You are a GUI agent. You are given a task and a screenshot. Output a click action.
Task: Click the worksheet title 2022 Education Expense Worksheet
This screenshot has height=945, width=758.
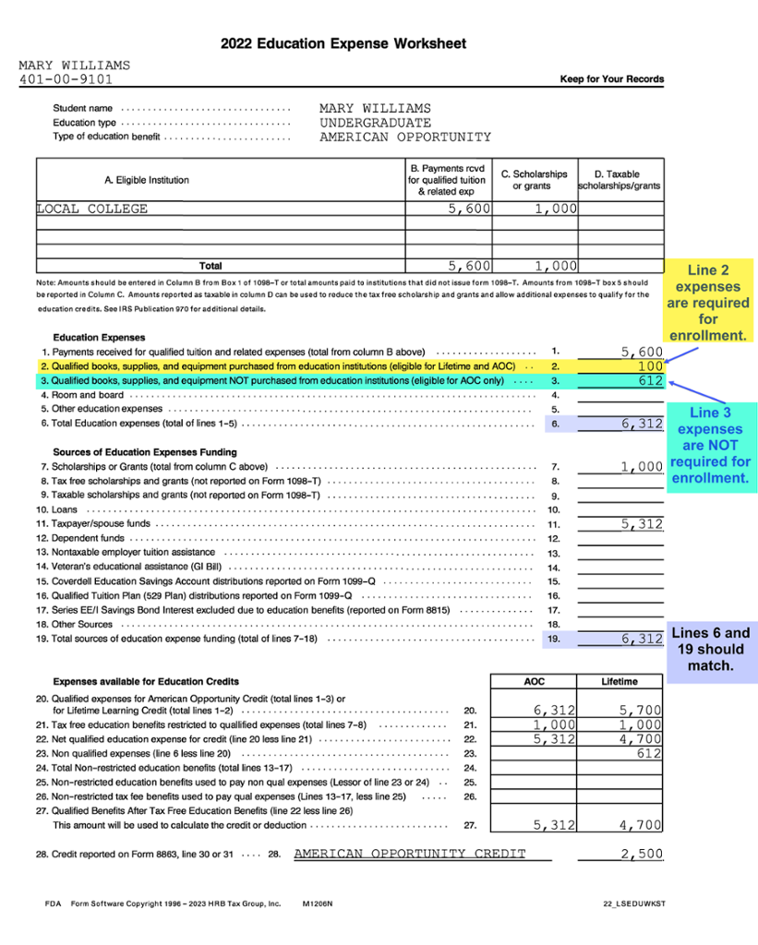tap(343, 43)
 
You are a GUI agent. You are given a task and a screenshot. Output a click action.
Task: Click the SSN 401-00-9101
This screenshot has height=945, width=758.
tap(66, 79)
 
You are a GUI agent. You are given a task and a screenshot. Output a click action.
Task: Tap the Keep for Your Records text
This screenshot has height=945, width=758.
tap(611, 79)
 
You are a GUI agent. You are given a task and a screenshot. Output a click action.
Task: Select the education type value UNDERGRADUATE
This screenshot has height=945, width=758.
tap(375, 123)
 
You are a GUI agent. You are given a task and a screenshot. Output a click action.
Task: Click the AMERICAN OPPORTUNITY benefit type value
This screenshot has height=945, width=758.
tap(405, 138)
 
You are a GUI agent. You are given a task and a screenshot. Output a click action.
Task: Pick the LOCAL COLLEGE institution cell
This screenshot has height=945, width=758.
tap(92, 209)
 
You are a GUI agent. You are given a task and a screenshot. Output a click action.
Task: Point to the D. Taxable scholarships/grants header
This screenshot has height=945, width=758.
tap(620, 180)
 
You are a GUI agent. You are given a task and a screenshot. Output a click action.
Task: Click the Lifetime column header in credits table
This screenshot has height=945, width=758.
tap(619, 682)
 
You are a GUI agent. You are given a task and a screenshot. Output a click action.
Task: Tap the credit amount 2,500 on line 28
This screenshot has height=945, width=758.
tap(643, 854)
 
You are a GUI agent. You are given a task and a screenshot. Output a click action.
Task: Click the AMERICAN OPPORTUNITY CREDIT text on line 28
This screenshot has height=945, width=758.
tap(410, 854)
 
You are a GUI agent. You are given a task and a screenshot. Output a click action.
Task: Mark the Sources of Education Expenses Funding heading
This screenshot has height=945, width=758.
tap(145, 452)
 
